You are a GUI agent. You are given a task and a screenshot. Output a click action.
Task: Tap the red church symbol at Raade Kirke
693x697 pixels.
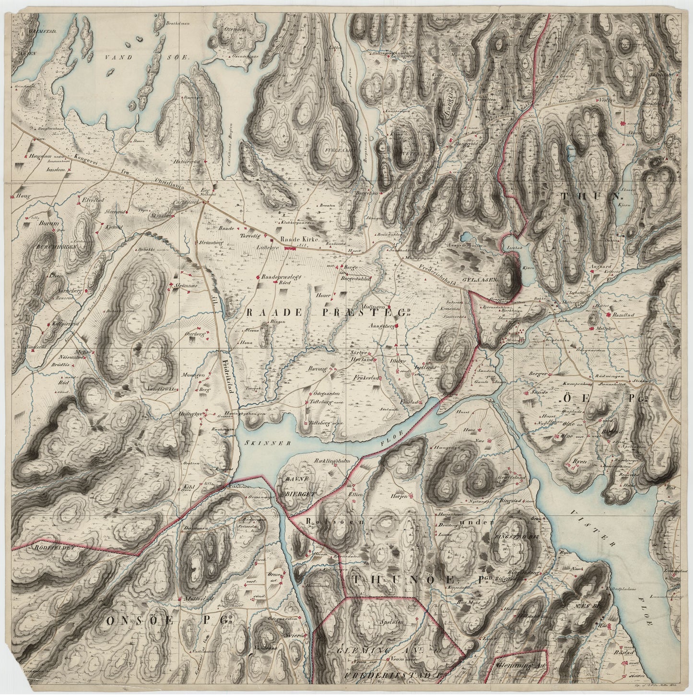coord(291,249)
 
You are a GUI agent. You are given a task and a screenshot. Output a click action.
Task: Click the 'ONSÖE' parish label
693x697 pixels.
coord(130,621)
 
